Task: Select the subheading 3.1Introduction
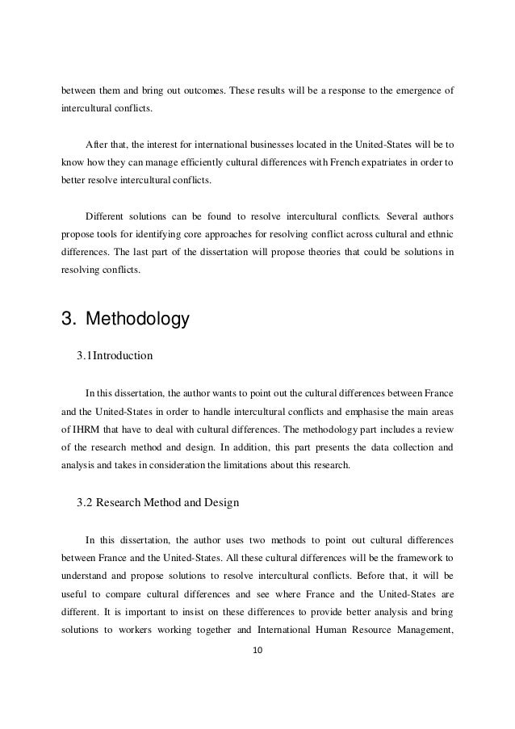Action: point(115,355)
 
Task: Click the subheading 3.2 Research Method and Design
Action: point(157,502)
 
